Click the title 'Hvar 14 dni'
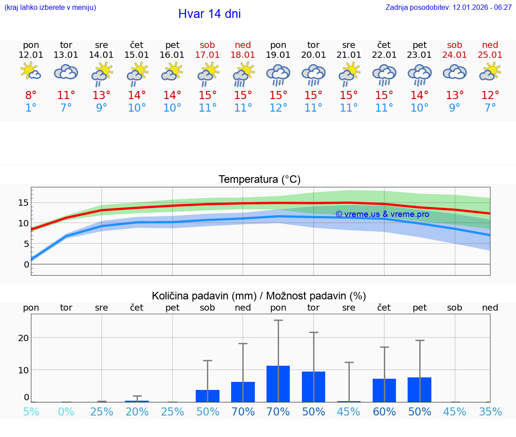pyautogui.click(x=209, y=14)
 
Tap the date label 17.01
pyautogui.click(x=207, y=55)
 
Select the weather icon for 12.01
pyautogui.click(x=31, y=72)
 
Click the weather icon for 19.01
pyautogui.click(x=278, y=74)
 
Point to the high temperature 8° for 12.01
pyautogui.click(x=31, y=95)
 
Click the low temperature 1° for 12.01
pyautogui.click(x=31, y=108)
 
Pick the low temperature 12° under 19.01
pyautogui.click(x=278, y=108)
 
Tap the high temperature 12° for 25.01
pyautogui.click(x=490, y=95)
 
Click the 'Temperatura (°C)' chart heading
pyautogui.click(x=259, y=179)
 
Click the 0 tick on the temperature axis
pyautogui.click(x=26, y=264)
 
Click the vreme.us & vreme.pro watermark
pyautogui.click(x=382, y=214)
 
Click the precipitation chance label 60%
pyautogui.click(x=384, y=411)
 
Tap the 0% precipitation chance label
pyautogui.click(x=66, y=411)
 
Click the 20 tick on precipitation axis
pyautogui.click(x=23, y=337)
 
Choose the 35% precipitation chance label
pyautogui.click(x=490, y=411)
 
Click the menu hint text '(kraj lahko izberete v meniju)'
pyautogui.click(x=50, y=7)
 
